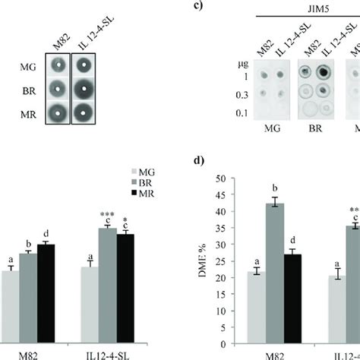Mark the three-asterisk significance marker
tap(107, 214)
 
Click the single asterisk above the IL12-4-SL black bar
tap(124, 218)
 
